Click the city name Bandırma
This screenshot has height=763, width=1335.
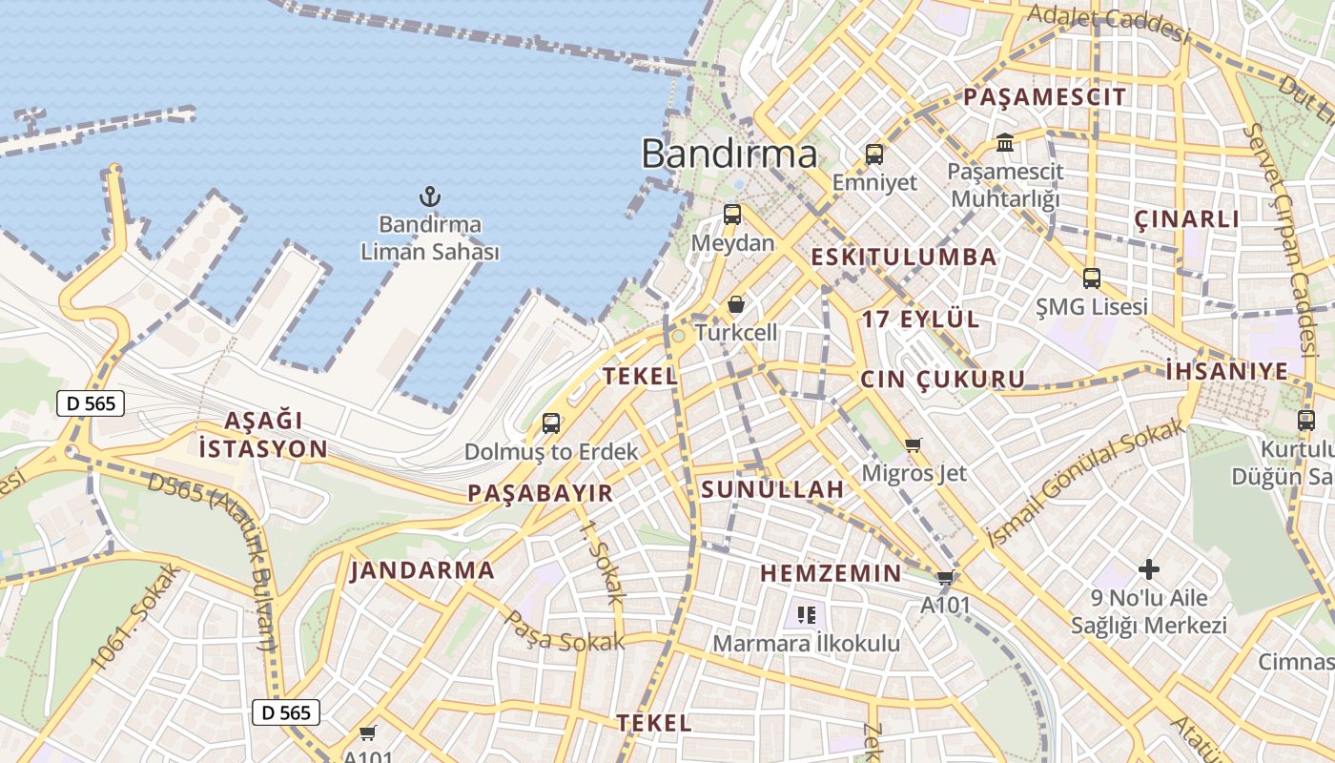729,154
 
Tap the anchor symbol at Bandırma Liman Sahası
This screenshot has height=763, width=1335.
430,197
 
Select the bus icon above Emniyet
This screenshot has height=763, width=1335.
874,154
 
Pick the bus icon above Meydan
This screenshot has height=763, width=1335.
732,215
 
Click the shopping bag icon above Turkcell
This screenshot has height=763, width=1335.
736,305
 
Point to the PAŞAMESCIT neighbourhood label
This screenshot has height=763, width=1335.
1044,96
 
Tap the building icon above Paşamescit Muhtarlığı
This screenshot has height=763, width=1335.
1005,143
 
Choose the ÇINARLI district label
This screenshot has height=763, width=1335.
1187,219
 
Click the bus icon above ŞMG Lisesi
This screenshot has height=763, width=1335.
1092,278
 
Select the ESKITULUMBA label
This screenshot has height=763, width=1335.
903,257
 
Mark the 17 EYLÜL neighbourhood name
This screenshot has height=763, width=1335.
920,320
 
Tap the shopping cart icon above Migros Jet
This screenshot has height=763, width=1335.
914,444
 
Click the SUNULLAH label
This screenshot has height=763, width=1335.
772,490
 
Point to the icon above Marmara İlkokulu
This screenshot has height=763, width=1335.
807,615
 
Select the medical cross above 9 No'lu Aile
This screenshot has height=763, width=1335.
1149,569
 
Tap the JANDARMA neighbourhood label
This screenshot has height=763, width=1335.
422,571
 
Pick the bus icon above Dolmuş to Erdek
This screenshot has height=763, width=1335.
551,423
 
